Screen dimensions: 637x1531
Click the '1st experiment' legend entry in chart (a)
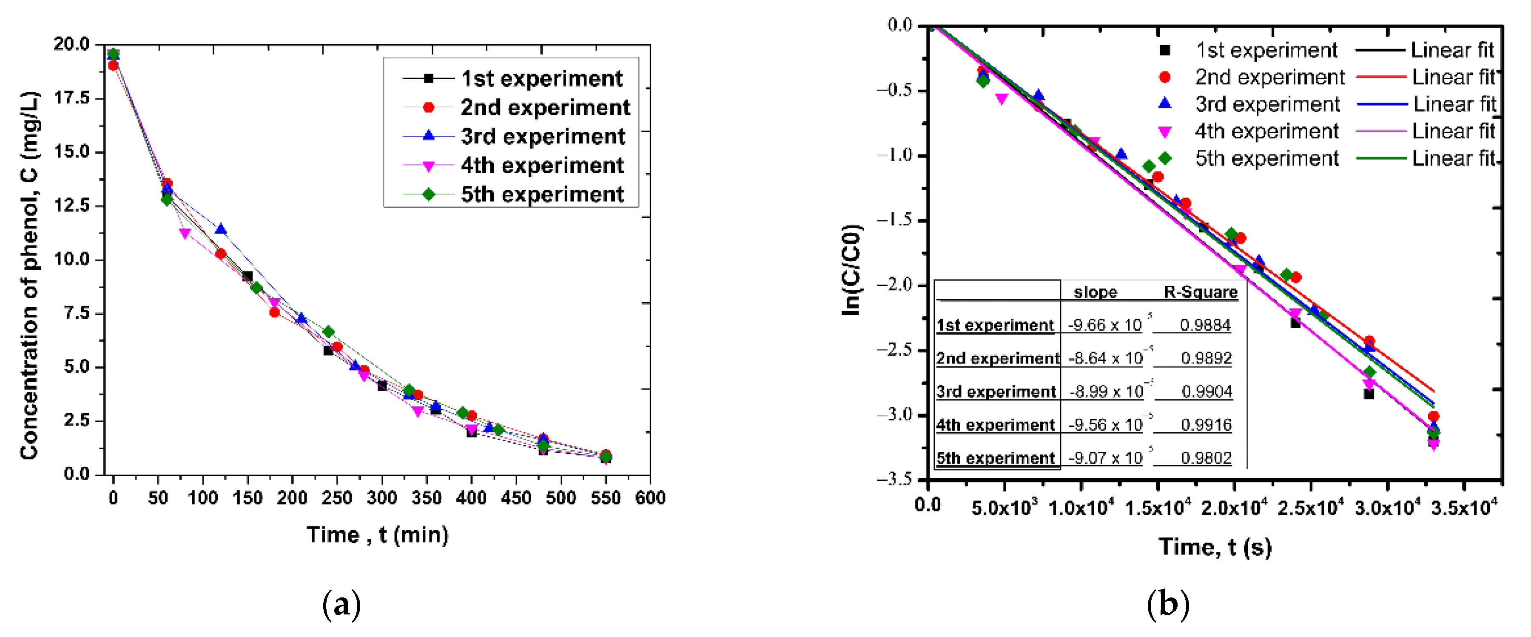pos(541,79)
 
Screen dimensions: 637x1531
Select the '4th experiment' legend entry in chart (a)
pos(541,166)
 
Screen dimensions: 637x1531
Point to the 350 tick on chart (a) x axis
pos(426,498)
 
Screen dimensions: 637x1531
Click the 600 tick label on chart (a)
pos(649,498)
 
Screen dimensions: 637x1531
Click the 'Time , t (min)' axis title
pos(377,535)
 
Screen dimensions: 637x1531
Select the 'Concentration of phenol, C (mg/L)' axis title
pos(30,275)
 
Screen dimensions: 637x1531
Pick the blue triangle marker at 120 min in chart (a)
pos(220,229)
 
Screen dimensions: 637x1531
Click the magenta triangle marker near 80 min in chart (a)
pos(185,234)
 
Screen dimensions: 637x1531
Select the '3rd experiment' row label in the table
pos(996,391)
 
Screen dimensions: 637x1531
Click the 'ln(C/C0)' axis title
pos(852,270)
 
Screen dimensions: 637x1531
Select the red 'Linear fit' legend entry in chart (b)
pos(1453,77)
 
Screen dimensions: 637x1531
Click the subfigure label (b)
pos(1167,605)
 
